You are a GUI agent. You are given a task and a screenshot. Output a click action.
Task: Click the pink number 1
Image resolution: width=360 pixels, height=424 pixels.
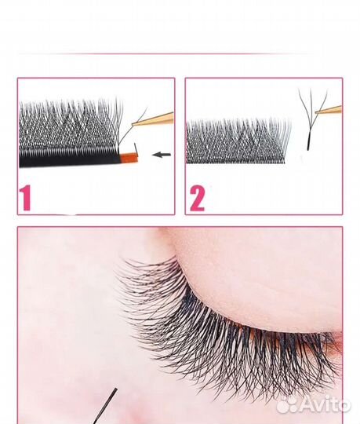[x=25, y=198]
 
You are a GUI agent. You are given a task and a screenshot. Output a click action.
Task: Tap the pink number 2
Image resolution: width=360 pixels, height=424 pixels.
[x=197, y=199]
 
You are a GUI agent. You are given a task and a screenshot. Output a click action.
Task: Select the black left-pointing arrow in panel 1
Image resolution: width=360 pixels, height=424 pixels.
[x=162, y=155]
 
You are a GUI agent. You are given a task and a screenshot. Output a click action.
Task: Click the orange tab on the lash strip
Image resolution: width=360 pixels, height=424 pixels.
[x=129, y=157]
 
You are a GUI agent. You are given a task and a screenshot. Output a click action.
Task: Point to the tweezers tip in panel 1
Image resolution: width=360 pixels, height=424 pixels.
[x=133, y=124]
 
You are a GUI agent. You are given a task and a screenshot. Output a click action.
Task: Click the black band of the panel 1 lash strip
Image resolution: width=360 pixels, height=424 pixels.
[x=69, y=159]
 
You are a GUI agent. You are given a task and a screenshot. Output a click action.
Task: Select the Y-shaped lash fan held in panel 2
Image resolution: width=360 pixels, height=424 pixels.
[x=311, y=119]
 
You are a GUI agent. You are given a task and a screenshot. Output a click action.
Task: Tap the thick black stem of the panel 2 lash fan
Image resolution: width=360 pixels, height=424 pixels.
[x=308, y=142]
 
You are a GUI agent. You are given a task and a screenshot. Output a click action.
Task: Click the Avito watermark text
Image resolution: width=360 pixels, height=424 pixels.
[x=325, y=404]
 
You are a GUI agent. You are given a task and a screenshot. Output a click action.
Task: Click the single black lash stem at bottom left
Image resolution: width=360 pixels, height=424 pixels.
[x=105, y=406]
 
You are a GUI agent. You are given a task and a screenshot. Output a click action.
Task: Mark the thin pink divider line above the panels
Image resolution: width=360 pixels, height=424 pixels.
[x=165, y=54]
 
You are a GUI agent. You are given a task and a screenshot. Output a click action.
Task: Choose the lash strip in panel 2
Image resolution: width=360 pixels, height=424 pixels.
[x=238, y=141]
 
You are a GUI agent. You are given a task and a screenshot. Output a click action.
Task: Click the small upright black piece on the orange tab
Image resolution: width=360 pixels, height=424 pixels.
[x=136, y=148]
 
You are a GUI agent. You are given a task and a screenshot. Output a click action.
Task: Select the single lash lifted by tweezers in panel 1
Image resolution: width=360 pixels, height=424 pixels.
[x=132, y=127]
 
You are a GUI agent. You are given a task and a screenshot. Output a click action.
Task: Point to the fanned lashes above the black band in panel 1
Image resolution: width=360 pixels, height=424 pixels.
[x=71, y=124]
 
